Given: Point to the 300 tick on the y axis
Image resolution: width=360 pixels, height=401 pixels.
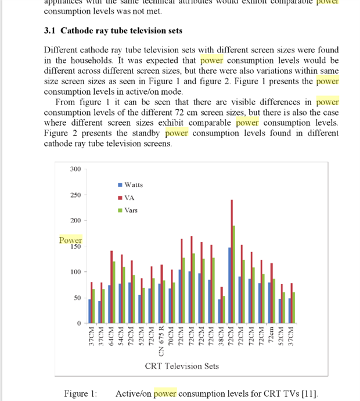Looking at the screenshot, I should click(75, 169).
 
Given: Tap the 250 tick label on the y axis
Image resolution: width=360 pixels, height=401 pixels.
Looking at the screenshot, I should click(75, 195).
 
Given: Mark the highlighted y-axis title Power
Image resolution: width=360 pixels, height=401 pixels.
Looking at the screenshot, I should click(70, 240).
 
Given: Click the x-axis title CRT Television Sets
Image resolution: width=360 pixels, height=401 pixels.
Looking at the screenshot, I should click(182, 366).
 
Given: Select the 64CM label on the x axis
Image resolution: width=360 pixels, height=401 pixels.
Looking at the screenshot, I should click(111, 337).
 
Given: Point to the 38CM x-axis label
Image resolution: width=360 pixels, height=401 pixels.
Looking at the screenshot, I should click(221, 337).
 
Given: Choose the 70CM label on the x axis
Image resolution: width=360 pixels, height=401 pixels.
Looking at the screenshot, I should click(171, 337).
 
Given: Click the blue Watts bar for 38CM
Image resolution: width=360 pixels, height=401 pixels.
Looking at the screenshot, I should click(219, 311).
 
